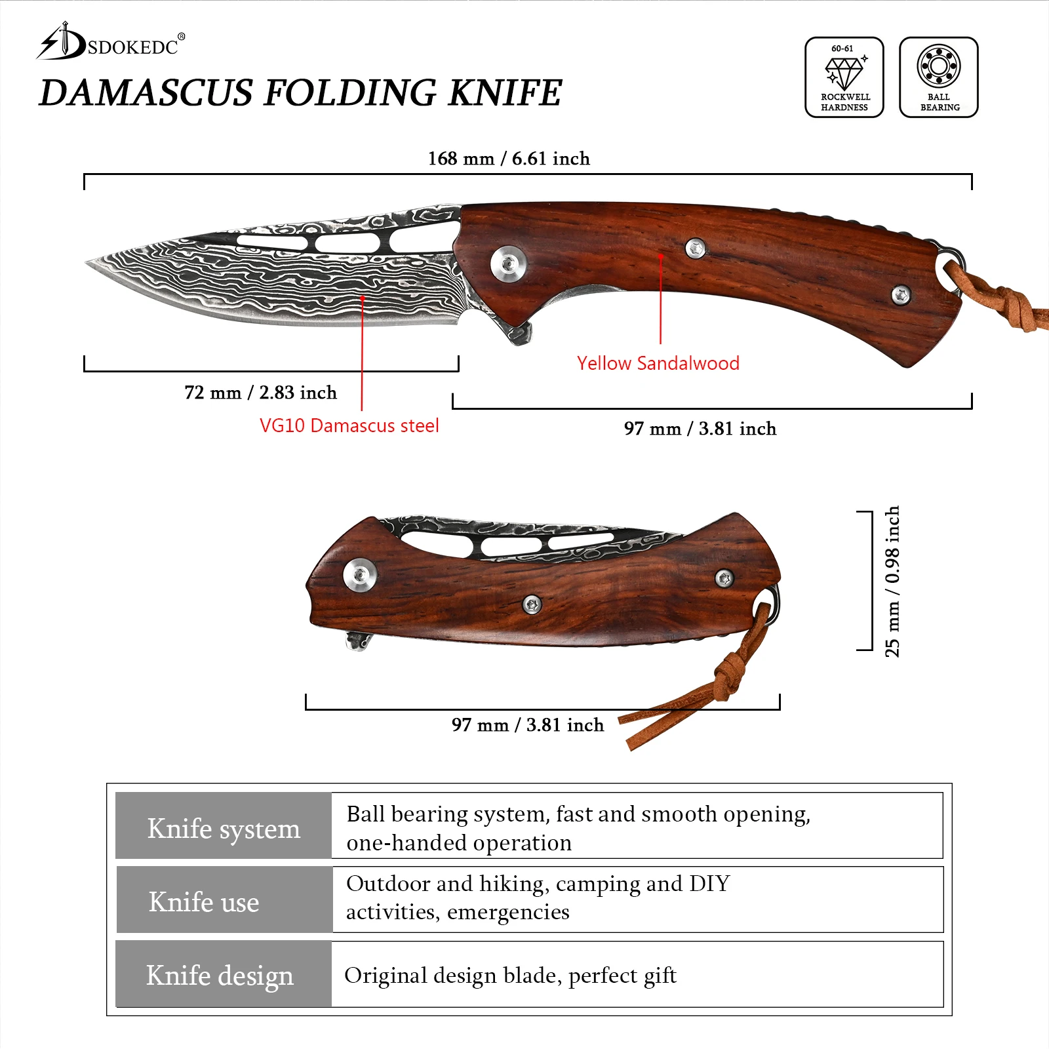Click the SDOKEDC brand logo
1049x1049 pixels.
110,43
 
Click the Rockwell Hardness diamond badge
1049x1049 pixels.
844,77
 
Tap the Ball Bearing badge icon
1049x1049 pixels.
938,77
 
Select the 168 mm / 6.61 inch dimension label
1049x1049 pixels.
509,159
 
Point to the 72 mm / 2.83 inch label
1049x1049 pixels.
260,392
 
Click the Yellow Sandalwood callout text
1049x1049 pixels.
658,363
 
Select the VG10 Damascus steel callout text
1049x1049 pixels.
349,426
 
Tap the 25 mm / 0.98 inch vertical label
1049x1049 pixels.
892,581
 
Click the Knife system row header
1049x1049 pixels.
224,828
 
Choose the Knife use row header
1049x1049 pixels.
204,901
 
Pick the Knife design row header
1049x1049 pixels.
220,975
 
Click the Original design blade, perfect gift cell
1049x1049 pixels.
510,976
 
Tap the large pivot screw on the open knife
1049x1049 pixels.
508,264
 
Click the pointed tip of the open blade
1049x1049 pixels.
89,263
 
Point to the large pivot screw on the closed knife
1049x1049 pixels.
360,575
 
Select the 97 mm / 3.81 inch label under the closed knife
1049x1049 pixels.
528,724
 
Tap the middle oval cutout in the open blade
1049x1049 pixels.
347,243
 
